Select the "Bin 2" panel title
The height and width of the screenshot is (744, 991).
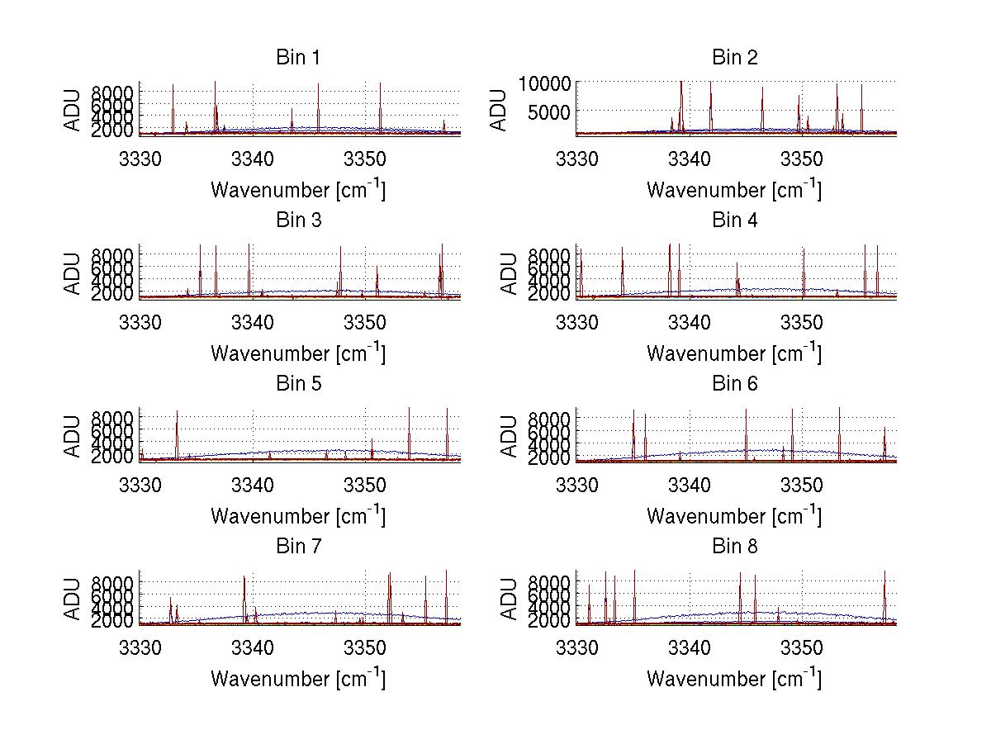734,57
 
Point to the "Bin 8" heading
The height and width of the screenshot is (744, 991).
734,546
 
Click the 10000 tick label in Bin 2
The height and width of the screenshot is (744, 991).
544,83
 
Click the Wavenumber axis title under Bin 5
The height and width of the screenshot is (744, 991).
297,515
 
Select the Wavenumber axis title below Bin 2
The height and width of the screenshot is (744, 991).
734,190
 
